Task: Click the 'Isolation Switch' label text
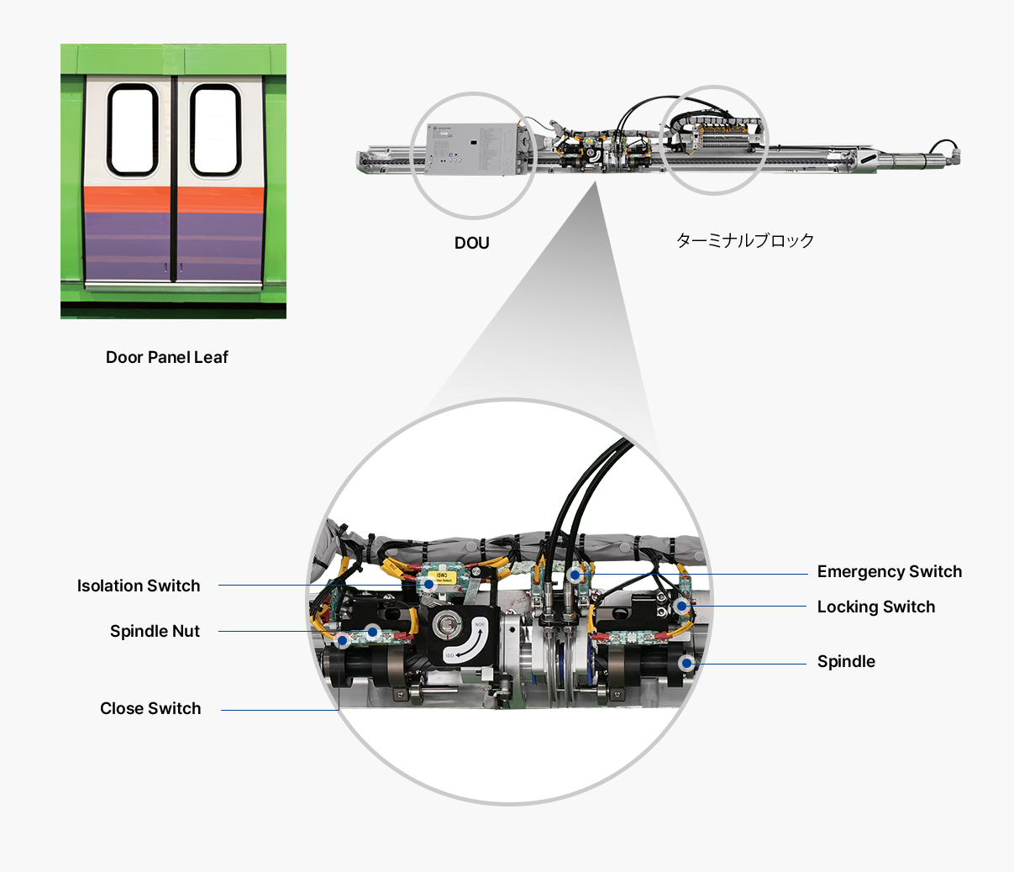point(139,586)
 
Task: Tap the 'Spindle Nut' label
point(155,631)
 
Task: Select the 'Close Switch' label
point(150,708)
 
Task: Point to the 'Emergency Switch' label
point(889,571)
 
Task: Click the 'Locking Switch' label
point(875,607)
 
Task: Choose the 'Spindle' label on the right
point(846,661)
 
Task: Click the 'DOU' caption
point(471,243)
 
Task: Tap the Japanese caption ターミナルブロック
point(745,240)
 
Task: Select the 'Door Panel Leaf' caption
point(167,357)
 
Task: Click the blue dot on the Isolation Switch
point(429,581)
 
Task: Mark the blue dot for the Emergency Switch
point(574,575)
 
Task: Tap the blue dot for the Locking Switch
point(681,606)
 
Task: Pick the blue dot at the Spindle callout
point(686,663)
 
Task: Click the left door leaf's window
point(133,130)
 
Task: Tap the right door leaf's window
point(214,130)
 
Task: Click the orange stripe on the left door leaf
point(128,198)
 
